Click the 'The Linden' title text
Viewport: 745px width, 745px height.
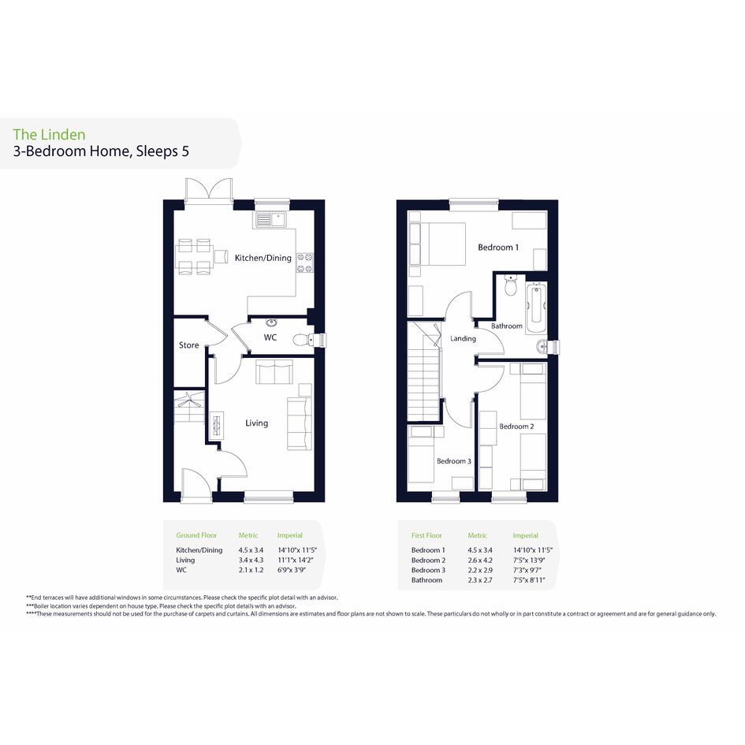pos(49,135)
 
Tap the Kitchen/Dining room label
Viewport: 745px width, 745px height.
pos(263,258)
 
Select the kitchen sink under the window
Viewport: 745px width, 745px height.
pos(270,219)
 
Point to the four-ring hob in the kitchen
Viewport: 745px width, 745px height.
pos(305,263)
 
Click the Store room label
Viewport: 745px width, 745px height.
pos(188,345)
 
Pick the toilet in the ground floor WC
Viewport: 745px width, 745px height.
pos(304,341)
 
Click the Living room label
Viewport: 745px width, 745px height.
pos(256,423)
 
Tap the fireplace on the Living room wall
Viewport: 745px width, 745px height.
pos(217,426)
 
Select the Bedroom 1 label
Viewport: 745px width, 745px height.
pos(498,247)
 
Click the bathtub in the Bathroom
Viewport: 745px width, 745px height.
pos(536,304)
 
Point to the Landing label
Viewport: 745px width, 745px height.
pos(464,338)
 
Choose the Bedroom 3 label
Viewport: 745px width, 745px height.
pos(454,461)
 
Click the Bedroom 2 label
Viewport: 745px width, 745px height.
pos(516,427)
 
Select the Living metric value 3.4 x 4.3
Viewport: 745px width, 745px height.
pos(251,561)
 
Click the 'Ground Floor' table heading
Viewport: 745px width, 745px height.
pos(196,535)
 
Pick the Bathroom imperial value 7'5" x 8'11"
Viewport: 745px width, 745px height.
pos(529,580)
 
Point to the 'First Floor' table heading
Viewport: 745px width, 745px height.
pos(427,535)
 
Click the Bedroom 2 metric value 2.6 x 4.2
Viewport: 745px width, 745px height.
pos(480,561)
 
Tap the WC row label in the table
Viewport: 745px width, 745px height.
pos(181,570)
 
